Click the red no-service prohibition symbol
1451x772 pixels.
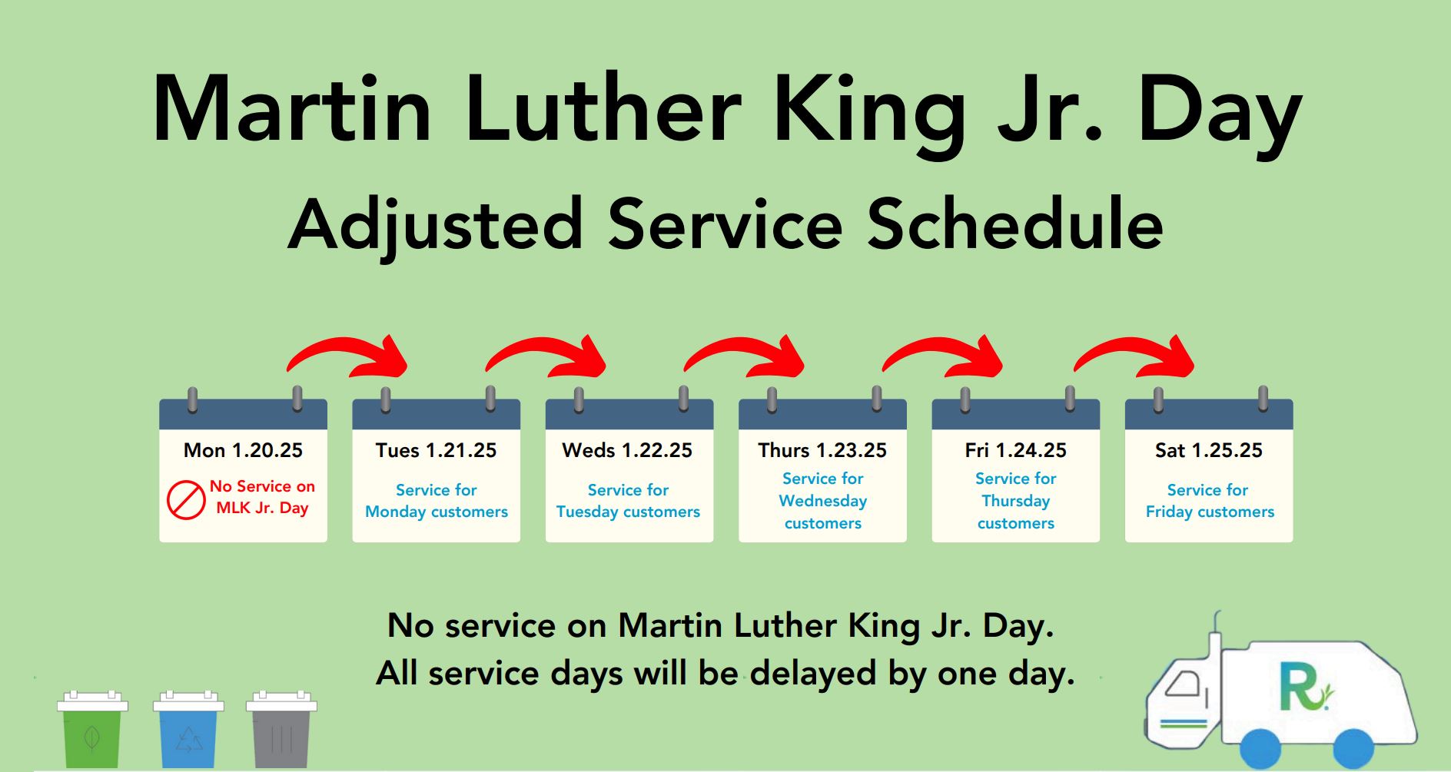point(186,500)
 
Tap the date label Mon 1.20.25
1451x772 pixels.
point(243,450)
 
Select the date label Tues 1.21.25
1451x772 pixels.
point(436,450)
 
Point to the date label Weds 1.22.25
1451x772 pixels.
point(627,450)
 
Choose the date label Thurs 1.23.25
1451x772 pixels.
point(822,450)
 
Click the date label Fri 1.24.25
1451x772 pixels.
point(1015,450)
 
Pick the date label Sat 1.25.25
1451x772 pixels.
point(1208,450)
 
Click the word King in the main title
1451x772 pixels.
point(868,111)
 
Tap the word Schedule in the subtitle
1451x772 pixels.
point(1015,225)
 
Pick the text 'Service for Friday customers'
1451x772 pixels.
point(1209,501)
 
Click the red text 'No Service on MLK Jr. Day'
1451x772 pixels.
point(262,497)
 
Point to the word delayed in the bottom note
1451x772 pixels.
point(813,674)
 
